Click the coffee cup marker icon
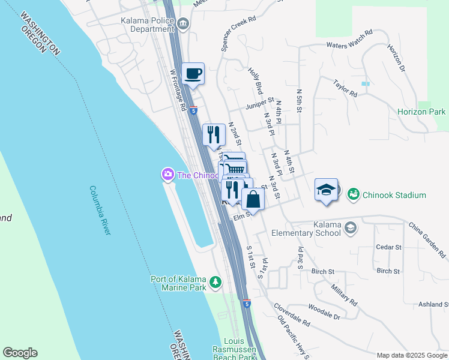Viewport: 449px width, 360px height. pyautogui.click(x=193, y=74)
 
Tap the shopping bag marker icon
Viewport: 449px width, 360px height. pyautogui.click(x=253, y=199)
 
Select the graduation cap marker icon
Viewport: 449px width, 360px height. pyautogui.click(x=326, y=190)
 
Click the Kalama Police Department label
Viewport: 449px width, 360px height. pyautogui.click(x=147, y=25)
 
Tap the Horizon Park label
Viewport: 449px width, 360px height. pyautogui.click(x=421, y=112)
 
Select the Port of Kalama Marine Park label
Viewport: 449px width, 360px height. pyautogui.click(x=179, y=283)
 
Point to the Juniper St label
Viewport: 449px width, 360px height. pyautogui.click(x=259, y=104)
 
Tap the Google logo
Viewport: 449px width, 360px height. pyautogui.click(x=20, y=353)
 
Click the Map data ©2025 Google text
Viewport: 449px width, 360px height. pyautogui.click(x=411, y=355)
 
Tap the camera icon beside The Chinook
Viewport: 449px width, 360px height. pyautogui.click(x=167, y=175)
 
